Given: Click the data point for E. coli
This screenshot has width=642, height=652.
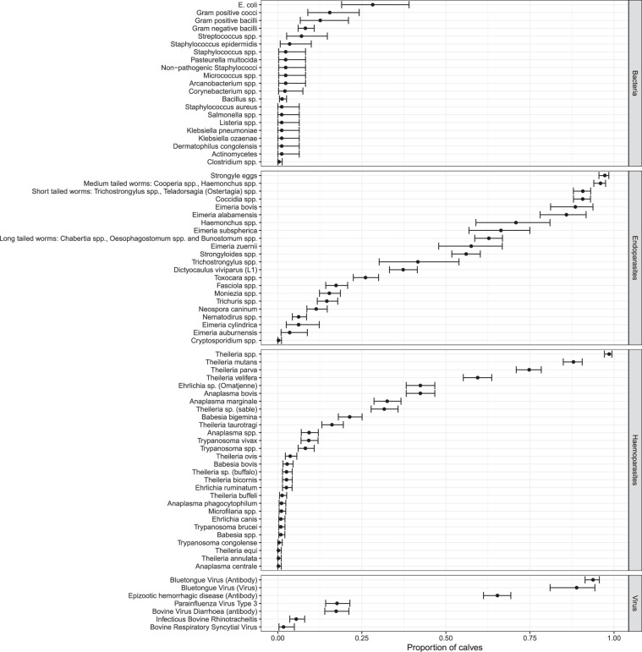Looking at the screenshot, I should point(372,5).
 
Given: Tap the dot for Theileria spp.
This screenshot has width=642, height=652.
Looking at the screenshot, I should point(608,354).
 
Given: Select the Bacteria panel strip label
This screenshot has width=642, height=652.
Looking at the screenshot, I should point(634,83).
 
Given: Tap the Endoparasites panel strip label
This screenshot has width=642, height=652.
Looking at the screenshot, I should point(634,256).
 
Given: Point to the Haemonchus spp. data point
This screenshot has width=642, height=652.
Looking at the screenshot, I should point(516,222).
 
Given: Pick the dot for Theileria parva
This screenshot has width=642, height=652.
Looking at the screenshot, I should point(529,370).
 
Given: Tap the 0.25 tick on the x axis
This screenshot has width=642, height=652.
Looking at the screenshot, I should point(362,635).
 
